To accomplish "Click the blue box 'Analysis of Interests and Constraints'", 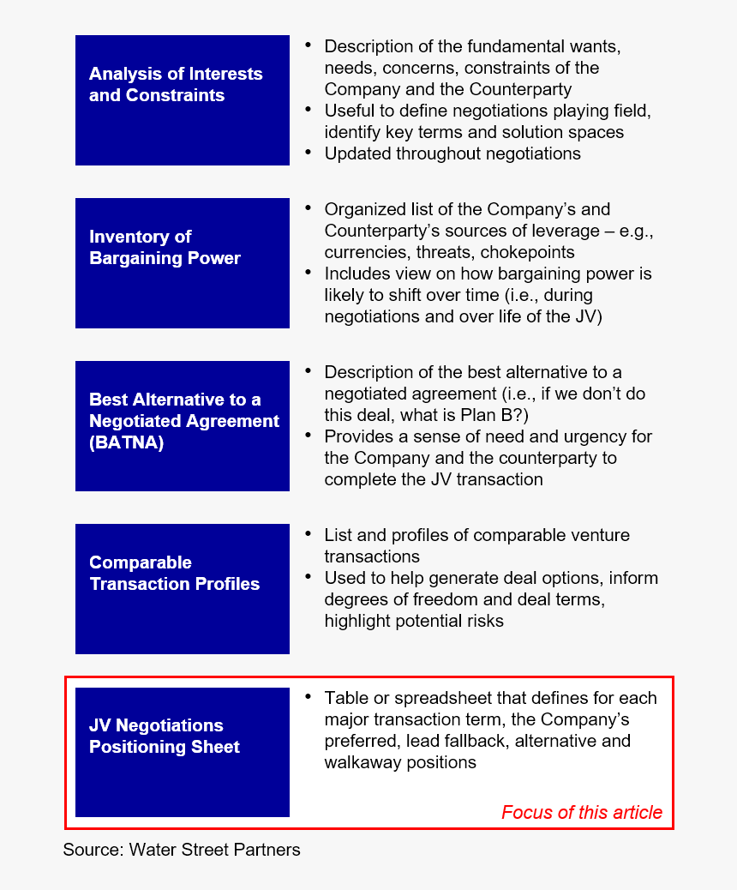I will tap(182, 100).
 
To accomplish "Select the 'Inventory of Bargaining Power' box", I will tap(182, 263).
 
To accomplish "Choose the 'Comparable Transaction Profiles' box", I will tap(182, 589).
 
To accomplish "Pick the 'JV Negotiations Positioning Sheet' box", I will tap(182, 752).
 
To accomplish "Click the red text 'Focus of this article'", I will tap(581, 813).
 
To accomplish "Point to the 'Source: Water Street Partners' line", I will tap(182, 851).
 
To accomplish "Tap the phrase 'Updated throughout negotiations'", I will tap(452, 153).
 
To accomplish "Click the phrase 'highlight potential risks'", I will tap(414, 621).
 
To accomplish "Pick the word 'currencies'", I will tap(363, 252).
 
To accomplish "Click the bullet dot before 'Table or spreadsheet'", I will tap(308, 696).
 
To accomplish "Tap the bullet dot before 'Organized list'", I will tap(308, 207).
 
